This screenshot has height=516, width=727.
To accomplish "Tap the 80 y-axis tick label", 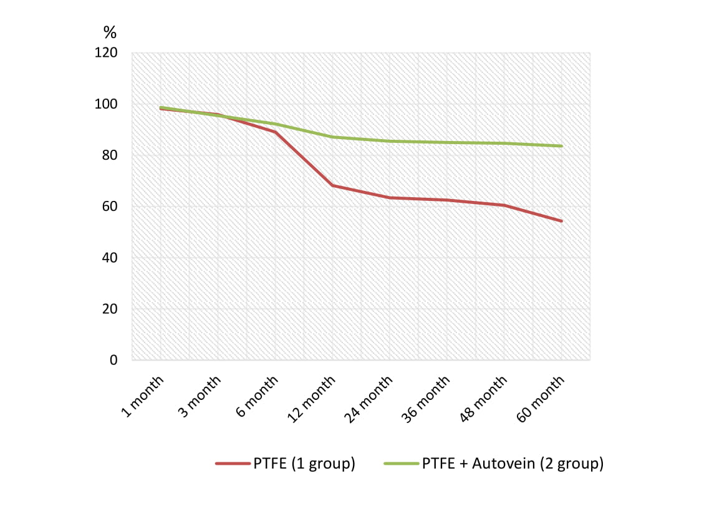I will coord(110,156).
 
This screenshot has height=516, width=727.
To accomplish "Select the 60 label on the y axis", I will coord(110,207).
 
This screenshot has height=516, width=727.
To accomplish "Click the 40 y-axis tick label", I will coord(110,258).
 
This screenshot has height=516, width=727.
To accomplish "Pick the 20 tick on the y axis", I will coord(110,309).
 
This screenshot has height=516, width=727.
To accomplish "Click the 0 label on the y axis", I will coord(113,361).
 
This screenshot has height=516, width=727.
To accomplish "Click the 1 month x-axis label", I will coord(143,396).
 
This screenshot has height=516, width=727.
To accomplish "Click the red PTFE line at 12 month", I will coord(333,185).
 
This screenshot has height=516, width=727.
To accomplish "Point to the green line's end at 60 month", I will coord(562,146).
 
